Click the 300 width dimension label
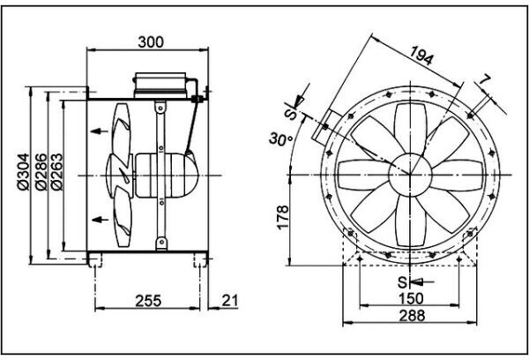[151, 42]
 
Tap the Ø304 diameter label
[23, 172]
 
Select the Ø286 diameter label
[41, 172]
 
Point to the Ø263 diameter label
[56, 172]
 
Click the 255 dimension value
[148, 301]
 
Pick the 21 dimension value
[230, 300]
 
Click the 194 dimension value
[421, 55]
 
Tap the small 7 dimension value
[484, 80]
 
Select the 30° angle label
[281, 139]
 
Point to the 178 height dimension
[283, 217]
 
